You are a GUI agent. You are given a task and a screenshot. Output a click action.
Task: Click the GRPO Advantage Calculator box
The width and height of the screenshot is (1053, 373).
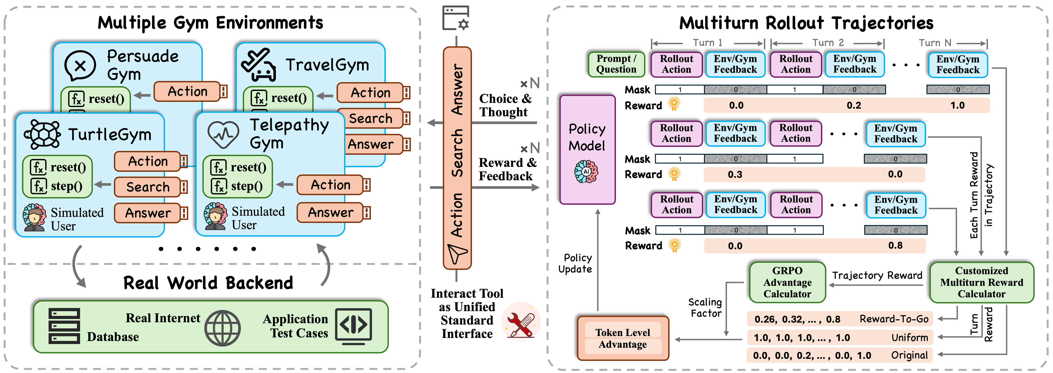[787, 282]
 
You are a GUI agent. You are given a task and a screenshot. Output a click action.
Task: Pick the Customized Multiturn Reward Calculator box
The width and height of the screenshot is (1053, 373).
[981, 282]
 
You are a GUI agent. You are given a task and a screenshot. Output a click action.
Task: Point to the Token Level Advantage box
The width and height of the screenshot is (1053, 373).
[623, 338]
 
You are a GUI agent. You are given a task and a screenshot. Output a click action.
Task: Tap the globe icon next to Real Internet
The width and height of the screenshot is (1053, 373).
[222, 328]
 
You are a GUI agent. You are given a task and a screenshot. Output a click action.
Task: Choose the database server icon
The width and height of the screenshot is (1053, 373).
[64, 326]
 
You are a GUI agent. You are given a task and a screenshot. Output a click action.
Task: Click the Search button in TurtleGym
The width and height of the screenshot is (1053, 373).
[148, 187]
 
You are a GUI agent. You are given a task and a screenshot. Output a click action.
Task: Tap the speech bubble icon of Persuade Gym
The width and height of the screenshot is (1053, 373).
[80, 66]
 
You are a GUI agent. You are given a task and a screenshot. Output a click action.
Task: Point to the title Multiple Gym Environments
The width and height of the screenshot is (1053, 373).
[210, 23]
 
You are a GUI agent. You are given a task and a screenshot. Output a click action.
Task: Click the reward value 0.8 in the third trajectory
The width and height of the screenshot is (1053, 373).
[895, 245]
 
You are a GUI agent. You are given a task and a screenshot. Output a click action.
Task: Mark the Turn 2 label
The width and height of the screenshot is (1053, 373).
[828, 43]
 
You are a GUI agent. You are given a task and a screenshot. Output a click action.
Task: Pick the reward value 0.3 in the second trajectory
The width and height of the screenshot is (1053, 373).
[735, 175]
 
